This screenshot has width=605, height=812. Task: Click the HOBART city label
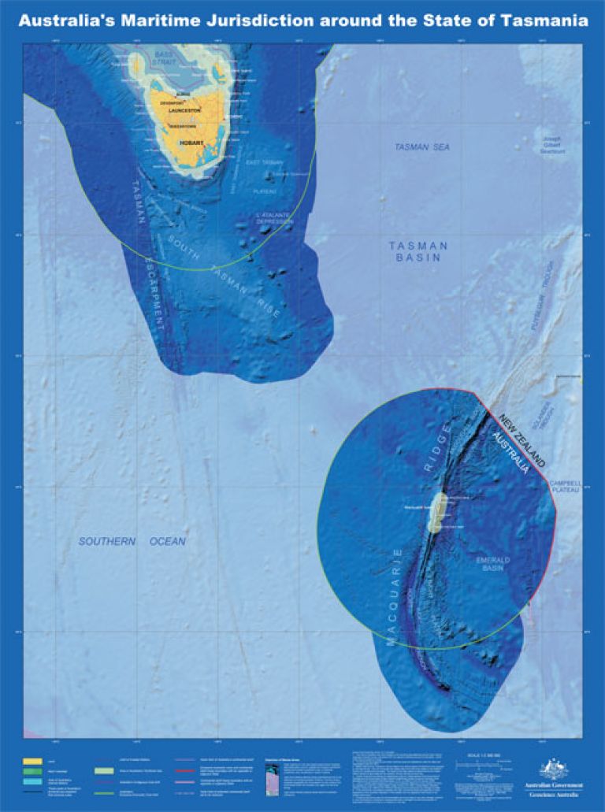click(192, 143)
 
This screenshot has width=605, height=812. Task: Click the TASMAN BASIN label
click(418, 252)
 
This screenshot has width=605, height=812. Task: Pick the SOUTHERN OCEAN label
click(132, 542)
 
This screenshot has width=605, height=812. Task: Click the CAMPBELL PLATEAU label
click(564, 486)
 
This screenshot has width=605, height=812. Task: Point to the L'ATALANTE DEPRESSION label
click(274, 218)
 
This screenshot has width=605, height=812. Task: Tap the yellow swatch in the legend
click(32, 762)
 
